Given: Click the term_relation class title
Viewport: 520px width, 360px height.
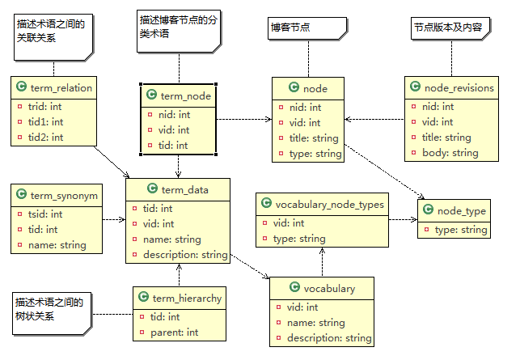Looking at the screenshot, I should point(61,88).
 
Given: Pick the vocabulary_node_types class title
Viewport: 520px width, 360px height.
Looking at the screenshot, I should point(330,205).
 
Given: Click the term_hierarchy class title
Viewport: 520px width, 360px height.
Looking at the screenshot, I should point(186,298).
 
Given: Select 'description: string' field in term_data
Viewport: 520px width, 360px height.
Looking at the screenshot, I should point(185,255).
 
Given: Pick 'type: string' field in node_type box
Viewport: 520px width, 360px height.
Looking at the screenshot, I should point(461,230).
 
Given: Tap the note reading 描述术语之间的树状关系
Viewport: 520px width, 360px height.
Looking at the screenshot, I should point(50,310).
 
